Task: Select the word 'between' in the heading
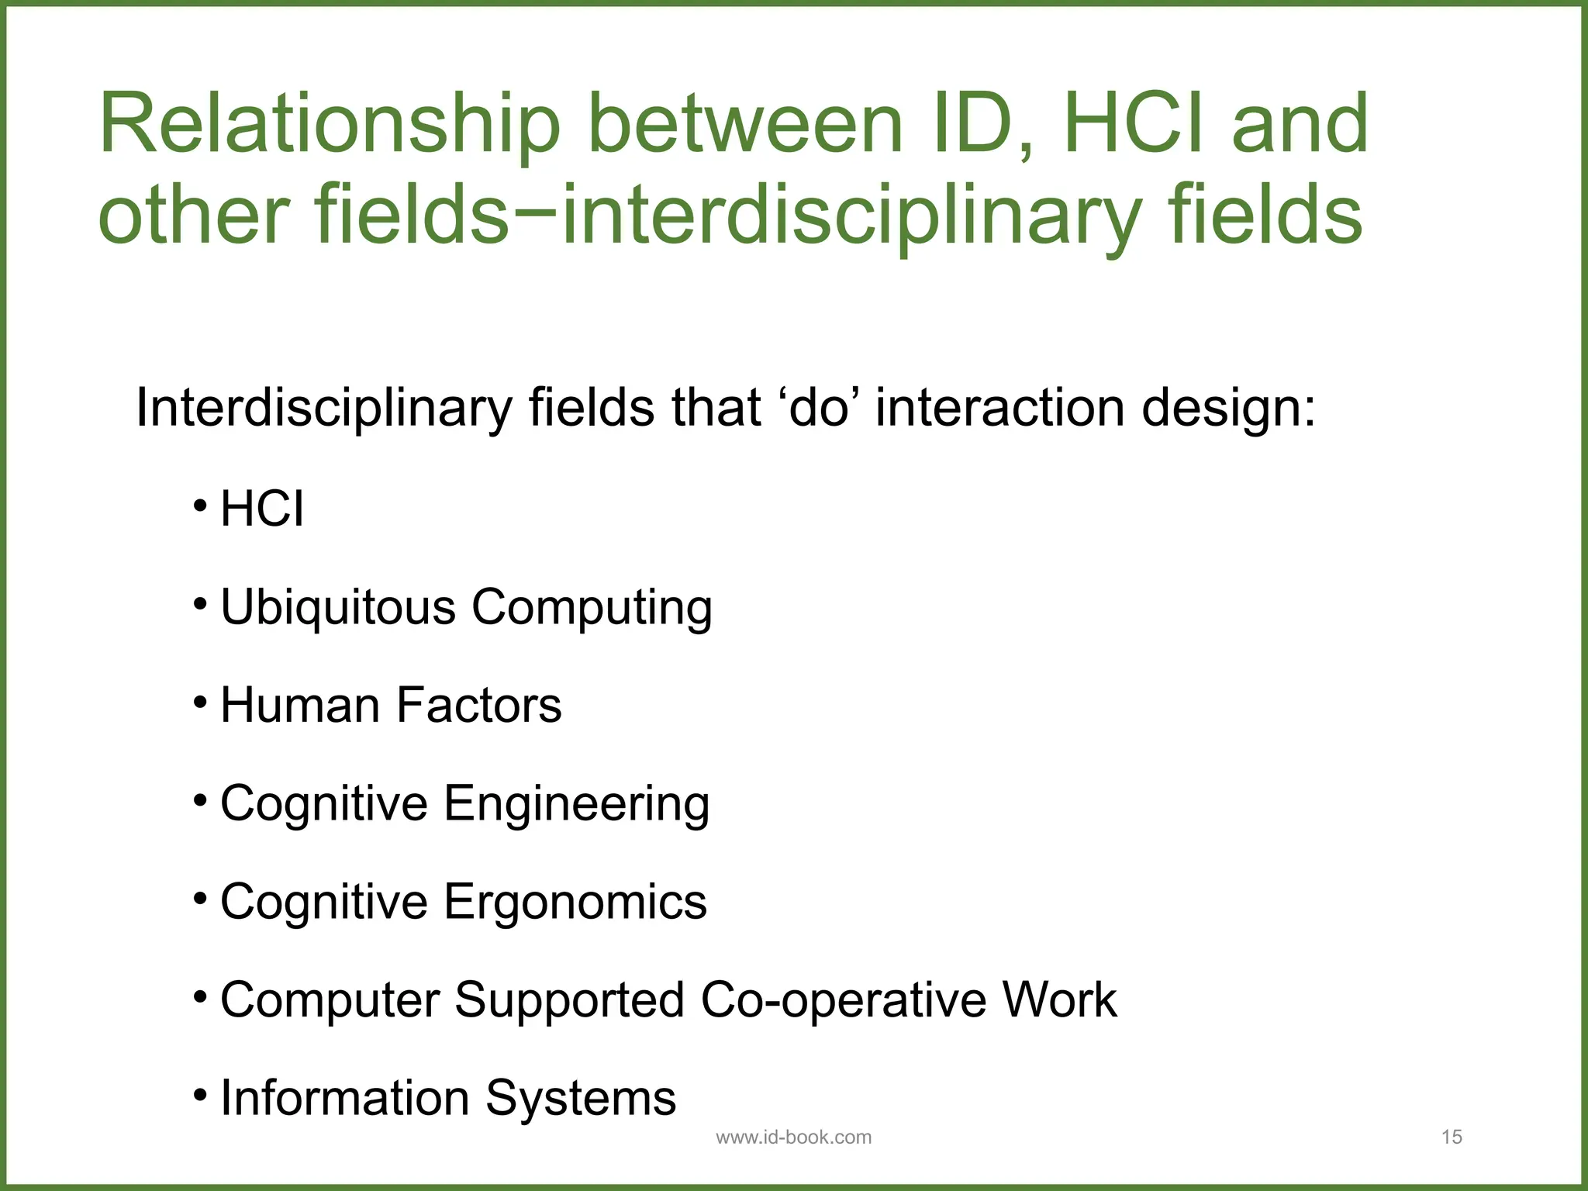tap(745, 124)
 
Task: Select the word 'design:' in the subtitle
tap(1228, 409)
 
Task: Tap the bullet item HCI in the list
tap(262, 509)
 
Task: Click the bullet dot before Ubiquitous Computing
tap(201, 604)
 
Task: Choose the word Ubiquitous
tap(338, 608)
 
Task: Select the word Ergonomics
tap(575, 903)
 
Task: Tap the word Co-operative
tap(843, 1001)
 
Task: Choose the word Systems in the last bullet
tap(581, 1099)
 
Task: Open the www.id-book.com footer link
tap(793, 1137)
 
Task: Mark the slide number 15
tap(1452, 1137)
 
